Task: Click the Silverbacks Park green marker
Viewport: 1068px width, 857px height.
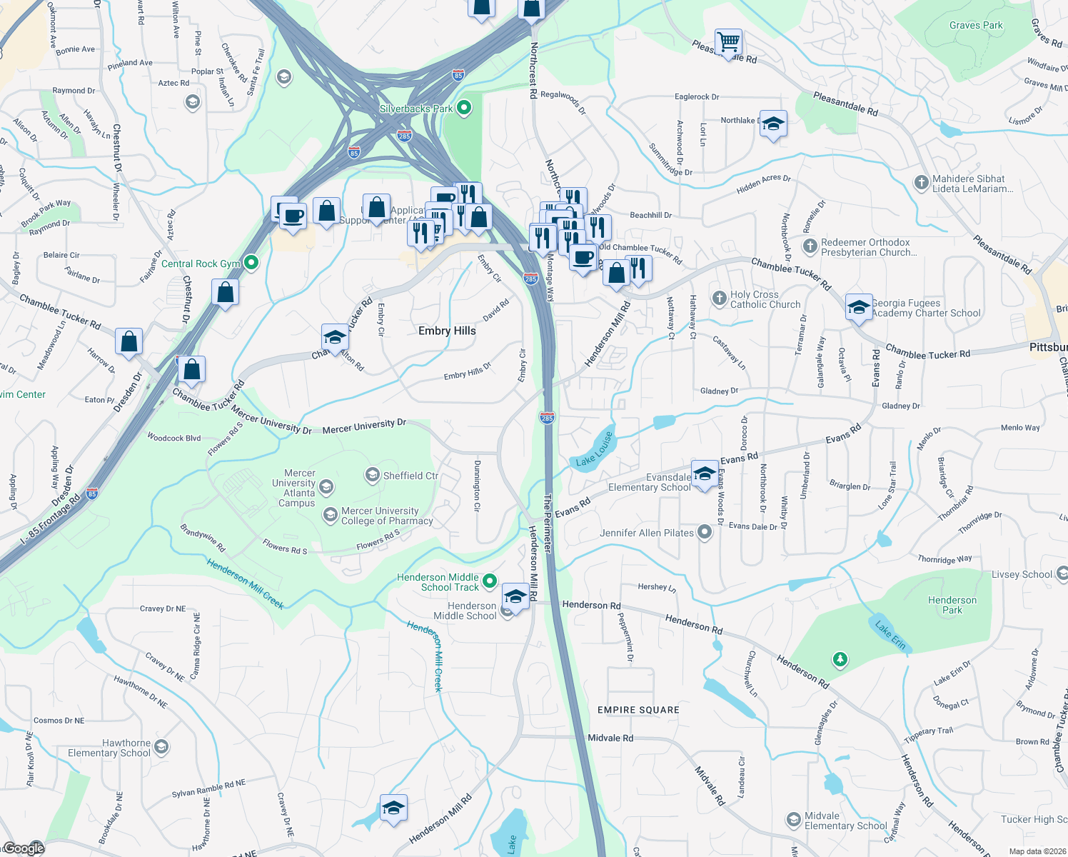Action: pos(464,109)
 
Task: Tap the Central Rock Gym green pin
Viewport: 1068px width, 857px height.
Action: pos(251,264)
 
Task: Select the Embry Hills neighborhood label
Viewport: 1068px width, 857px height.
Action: pos(447,331)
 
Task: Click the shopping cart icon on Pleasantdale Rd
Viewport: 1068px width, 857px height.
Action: pos(728,42)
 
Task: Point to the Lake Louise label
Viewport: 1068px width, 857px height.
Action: pos(595,449)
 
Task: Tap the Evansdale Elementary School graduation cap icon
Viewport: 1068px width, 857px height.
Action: pos(705,474)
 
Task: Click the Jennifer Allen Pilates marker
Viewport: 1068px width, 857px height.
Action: pos(705,532)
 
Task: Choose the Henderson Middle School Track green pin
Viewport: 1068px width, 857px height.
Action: pos(490,581)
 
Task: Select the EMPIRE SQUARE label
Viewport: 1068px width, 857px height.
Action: pos(638,710)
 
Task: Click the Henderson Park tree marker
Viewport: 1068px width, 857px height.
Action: pos(840,658)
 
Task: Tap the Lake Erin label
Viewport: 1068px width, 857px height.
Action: pos(890,635)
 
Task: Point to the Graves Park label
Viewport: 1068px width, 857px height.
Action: pos(976,25)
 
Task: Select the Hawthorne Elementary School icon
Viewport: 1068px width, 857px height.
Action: pos(161,747)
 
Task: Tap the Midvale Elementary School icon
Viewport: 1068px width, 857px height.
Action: pos(793,820)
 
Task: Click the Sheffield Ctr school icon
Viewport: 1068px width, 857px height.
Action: pos(372,475)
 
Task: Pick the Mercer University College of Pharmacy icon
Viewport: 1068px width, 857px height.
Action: pos(330,515)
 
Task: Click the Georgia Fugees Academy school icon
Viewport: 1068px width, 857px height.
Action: pos(858,307)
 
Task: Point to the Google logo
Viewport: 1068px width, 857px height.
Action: pos(24,848)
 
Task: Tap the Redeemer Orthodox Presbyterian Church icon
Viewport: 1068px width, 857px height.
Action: pos(810,246)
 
